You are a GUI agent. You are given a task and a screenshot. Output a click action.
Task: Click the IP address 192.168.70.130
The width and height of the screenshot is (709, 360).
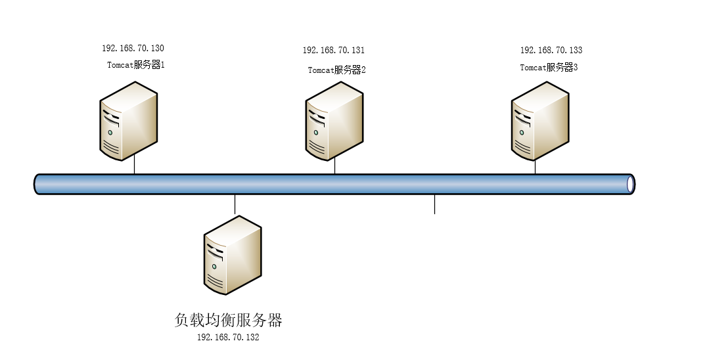coord(133,49)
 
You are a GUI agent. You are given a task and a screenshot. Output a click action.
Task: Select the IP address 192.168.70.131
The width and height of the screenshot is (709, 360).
coord(333,51)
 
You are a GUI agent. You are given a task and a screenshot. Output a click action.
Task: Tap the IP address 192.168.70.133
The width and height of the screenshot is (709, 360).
coord(551,51)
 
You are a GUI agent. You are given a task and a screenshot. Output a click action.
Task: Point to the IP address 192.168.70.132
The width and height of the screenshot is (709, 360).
coord(228,337)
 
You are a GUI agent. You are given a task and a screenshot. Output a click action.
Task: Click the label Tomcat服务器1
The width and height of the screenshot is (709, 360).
coord(135,65)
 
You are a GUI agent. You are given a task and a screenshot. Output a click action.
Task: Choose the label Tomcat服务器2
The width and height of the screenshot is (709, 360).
coord(336,70)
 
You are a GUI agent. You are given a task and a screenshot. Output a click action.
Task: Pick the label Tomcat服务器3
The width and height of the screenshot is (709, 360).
coord(549,68)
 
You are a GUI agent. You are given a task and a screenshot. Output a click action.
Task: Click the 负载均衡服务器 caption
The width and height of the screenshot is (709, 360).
coord(228,321)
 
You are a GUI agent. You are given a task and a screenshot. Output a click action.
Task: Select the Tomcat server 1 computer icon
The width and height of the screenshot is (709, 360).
coord(129,121)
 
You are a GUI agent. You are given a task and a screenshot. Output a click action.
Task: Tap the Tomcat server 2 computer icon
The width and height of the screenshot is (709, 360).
coord(334,125)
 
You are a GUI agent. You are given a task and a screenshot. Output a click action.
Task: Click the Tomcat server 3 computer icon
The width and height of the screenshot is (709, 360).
coord(540,122)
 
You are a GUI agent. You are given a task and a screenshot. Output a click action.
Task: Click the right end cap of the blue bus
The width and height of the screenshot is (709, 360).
coord(630,185)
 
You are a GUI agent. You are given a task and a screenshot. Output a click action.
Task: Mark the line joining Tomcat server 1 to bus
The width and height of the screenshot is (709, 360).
coord(134,166)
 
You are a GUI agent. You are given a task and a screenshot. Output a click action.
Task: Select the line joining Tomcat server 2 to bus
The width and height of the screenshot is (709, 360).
coord(335,167)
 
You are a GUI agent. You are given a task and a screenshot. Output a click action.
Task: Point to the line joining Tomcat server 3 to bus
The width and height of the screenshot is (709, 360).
coord(535,167)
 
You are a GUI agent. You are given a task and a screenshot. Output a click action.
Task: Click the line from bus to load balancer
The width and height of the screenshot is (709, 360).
coord(235,204)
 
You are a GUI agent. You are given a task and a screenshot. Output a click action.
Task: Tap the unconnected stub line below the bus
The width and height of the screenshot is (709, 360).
coord(434,204)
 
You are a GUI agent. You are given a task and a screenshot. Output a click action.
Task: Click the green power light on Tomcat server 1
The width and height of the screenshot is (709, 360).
coord(110,132)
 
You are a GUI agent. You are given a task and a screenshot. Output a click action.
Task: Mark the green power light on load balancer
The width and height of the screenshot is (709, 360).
coord(214,265)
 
